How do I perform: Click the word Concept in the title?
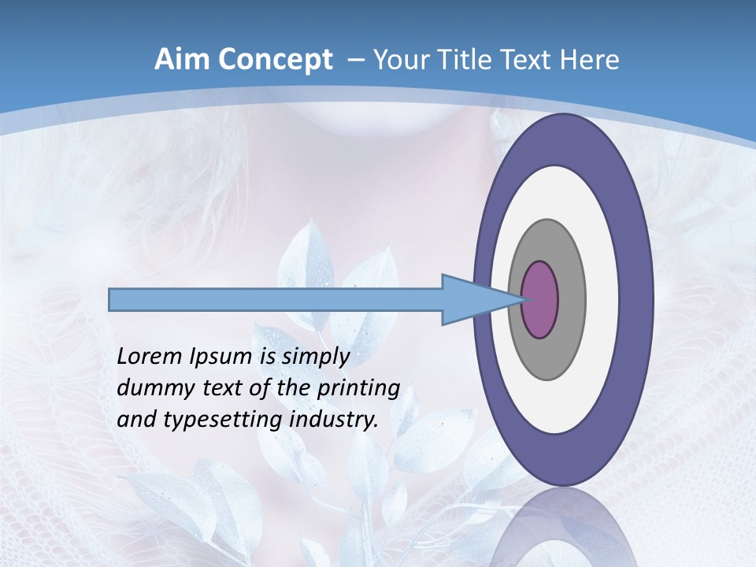click(x=275, y=60)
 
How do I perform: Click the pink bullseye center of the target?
click(x=540, y=299)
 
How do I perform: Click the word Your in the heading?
click(x=398, y=60)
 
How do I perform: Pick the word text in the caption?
click(x=223, y=388)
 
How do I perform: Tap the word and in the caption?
click(x=136, y=420)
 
